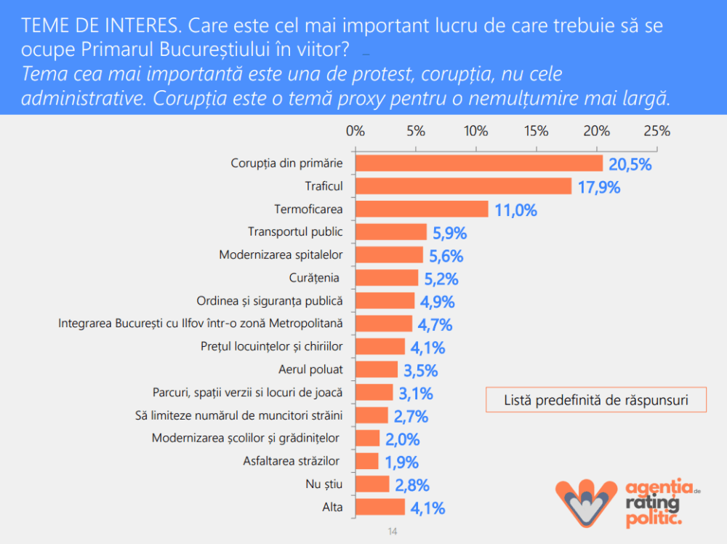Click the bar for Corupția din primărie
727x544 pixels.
[x=479, y=164]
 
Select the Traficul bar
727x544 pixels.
[x=463, y=186]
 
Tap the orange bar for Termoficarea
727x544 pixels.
[x=422, y=209]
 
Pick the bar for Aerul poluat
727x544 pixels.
[x=377, y=369]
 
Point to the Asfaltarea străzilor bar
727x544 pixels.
[x=367, y=461]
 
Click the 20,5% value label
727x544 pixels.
[x=630, y=164]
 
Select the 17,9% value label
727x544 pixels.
[x=598, y=188]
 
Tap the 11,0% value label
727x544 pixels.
[x=515, y=211]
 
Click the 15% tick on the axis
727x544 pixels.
[x=536, y=132]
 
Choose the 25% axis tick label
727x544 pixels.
[x=656, y=132]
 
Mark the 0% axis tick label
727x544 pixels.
[x=355, y=132]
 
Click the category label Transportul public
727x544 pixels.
[x=294, y=232]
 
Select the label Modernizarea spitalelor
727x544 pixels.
[x=280, y=255]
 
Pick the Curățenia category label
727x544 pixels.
[x=314, y=278]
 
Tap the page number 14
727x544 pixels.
[x=393, y=532]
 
